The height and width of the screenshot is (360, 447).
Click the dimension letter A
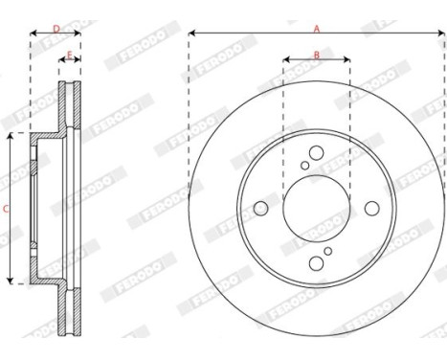click(x=317, y=29)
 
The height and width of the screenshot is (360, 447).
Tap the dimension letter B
click(x=317, y=56)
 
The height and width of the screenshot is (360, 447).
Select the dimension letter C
click(x=6, y=208)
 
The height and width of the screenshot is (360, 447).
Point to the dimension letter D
click(x=56, y=29)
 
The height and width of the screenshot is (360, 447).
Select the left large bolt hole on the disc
click(x=261, y=208)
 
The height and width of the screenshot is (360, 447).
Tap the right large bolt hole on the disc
click(x=371, y=208)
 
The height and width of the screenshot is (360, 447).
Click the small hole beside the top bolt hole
click(x=305, y=165)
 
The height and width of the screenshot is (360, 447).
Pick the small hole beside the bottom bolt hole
click(x=327, y=251)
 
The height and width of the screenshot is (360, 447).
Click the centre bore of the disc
click(x=316, y=208)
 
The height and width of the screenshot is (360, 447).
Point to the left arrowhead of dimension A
click(x=192, y=34)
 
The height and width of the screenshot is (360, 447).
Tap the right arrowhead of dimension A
click(x=441, y=34)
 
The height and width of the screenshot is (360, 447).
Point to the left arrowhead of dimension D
click(x=34, y=34)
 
